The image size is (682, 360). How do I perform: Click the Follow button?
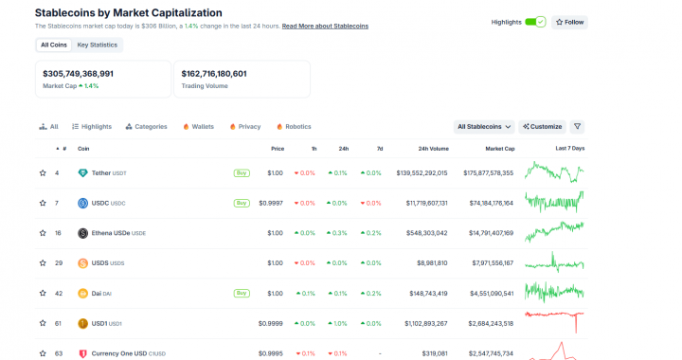coord(569,21)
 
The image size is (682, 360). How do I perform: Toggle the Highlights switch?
coord(535,21)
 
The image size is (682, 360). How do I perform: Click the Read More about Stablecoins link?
coord(325,26)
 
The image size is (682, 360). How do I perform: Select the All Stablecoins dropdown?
coord(485,126)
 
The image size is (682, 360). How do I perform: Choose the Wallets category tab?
coord(198,126)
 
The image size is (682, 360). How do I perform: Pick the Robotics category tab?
coord(294,126)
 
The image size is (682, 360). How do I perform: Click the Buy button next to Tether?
coord(242,172)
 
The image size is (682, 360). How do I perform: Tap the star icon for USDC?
coord(43,203)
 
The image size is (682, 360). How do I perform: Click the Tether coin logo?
coord(82,172)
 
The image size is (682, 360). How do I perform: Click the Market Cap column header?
coord(499,149)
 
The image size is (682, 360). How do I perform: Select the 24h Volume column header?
coord(433,149)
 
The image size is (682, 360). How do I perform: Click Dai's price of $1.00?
coord(275,294)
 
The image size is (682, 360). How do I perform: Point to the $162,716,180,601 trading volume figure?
coord(214,73)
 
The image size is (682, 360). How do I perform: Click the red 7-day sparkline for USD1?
coord(555,317)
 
